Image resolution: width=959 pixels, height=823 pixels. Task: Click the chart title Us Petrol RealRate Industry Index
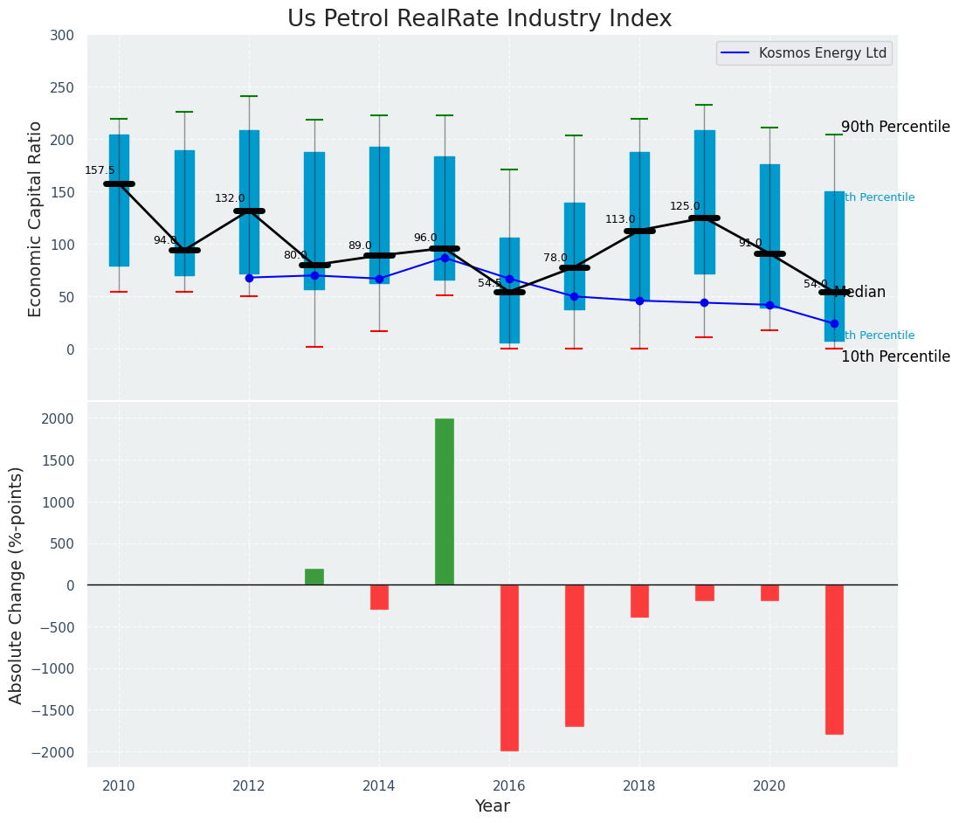479,19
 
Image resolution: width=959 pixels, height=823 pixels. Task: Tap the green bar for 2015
445,501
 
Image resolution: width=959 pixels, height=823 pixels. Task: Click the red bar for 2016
509,667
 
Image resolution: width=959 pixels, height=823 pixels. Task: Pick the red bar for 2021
834,660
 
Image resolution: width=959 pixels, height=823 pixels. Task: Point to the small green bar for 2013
314,577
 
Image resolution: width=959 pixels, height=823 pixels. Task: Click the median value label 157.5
100,170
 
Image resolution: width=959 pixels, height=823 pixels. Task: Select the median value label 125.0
685,206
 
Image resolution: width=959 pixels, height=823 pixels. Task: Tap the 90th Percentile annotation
895,127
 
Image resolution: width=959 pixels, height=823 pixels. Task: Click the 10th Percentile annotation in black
895,356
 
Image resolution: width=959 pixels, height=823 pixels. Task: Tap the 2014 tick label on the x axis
379,786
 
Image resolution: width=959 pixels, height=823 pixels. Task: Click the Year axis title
493,806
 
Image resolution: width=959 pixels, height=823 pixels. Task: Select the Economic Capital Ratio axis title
36,218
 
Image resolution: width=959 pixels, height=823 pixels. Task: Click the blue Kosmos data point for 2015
445,258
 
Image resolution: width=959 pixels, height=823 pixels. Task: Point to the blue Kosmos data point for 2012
249,278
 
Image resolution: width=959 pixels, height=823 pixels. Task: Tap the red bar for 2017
574,655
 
